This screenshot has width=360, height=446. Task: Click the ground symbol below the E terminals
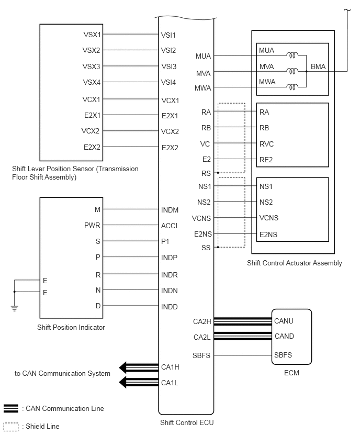(15, 308)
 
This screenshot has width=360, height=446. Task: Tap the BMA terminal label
(318, 66)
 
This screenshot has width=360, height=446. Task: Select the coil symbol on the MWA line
(292, 87)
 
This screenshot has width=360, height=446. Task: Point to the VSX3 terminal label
(91, 66)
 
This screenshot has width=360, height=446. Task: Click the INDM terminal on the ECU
(170, 210)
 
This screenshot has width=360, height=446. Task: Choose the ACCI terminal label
(169, 226)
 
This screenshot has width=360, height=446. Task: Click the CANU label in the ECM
(284, 321)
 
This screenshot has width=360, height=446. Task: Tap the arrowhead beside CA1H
(122, 367)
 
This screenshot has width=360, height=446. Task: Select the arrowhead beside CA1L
(122, 382)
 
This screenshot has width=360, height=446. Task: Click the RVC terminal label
(266, 144)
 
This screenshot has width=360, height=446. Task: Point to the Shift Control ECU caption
(187, 422)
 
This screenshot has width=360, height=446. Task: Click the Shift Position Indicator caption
(71, 327)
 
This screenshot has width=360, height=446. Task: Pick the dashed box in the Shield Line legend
(11, 427)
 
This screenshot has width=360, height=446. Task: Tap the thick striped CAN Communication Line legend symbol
(11, 408)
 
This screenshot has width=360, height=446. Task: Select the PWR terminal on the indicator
(92, 225)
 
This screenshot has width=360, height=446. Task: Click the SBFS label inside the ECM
(283, 355)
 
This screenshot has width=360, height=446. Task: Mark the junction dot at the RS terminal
(218, 173)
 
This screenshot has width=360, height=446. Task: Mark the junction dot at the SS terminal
(218, 247)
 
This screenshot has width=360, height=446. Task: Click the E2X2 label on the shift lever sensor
(92, 147)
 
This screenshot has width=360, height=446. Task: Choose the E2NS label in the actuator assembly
(268, 235)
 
